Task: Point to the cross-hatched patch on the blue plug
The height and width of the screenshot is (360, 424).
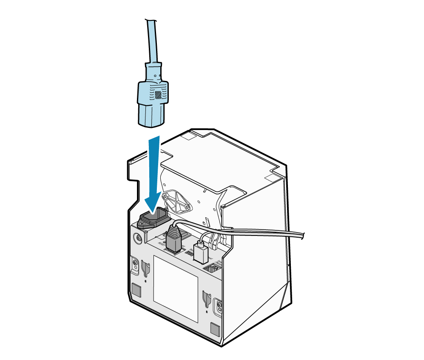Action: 158,94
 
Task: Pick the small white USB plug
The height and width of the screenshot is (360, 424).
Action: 200,252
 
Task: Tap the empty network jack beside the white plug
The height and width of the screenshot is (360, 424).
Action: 212,268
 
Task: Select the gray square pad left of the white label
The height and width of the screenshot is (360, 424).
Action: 137,290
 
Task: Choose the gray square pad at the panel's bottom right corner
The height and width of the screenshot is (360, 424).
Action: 215,329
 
